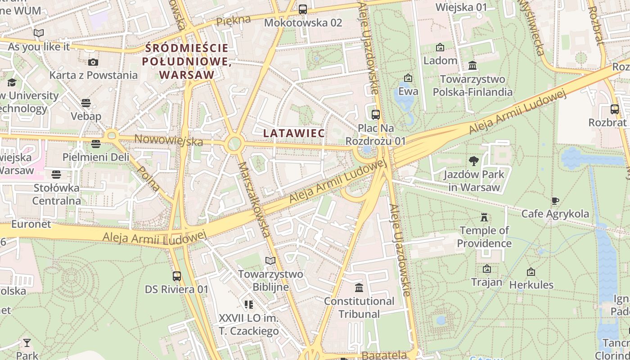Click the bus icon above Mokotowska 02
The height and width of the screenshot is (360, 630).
pos(303,9)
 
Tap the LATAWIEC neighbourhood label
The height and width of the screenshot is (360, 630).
pos(294,133)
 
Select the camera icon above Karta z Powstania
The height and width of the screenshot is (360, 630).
pos(93,62)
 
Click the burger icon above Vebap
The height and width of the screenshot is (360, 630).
pos(86,103)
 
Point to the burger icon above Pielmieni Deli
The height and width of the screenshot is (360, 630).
pos(95,144)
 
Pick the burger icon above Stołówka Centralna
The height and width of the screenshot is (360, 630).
pos(56,174)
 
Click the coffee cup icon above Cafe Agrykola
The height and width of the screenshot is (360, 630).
pos(555,201)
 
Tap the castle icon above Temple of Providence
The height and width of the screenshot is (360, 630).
pos(484,217)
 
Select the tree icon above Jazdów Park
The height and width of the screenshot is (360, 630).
pos(473,161)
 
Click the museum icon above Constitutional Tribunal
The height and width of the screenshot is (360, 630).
pos(359,288)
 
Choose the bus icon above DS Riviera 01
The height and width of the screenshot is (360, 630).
pos(177,276)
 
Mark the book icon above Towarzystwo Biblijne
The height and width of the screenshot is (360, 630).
pos(270,261)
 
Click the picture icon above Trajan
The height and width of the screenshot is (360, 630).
pos(486,269)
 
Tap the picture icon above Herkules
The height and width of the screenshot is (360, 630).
pos(531,272)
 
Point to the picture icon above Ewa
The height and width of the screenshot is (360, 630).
pos(408,78)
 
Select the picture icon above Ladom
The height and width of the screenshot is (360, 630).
pos(440,47)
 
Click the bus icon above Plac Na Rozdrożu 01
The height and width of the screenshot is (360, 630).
pos(376,115)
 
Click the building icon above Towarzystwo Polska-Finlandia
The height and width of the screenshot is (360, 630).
pos(472,66)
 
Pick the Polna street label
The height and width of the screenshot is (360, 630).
pos(148,178)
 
